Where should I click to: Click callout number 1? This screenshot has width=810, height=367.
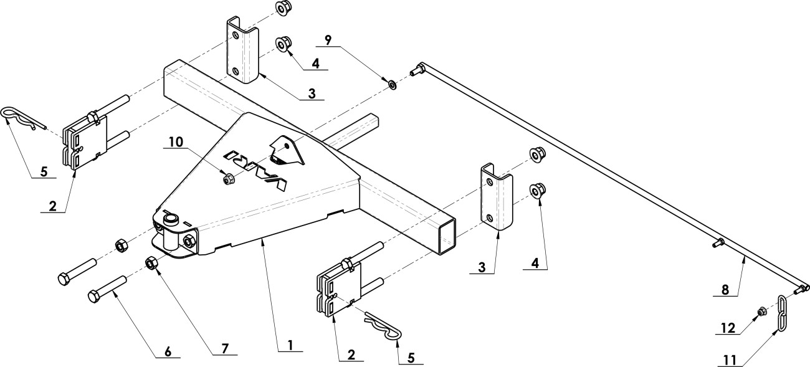(x=290, y=345)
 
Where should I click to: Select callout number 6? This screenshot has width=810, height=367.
(x=168, y=351)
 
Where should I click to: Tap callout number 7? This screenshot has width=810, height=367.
(x=225, y=348)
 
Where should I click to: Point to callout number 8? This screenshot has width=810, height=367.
(x=725, y=290)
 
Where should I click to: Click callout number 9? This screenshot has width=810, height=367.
(x=328, y=40)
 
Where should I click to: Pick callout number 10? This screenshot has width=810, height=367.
(x=176, y=142)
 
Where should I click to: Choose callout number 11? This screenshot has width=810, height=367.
(x=730, y=360)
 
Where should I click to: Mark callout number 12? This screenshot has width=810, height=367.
(x=728, y=328)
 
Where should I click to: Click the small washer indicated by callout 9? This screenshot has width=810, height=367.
(x=392, y=85)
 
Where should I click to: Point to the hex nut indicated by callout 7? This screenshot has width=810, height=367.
(x=151, y=263)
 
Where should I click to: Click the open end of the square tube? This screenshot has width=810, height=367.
(x=447, y=237)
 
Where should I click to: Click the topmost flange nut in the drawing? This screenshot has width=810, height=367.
(x=283, y=7)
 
